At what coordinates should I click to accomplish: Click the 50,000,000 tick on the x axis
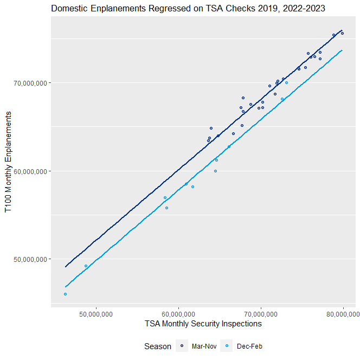[x=96, y=313]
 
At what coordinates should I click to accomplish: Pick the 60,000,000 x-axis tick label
[x=178, y=313]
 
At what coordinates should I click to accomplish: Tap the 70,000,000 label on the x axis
[x=261, y=313]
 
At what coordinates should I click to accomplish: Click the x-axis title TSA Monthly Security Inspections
[x=203, y=324]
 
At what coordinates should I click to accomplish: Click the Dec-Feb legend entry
[x=250, y=346]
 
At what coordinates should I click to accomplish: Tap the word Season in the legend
[x=158, y=346]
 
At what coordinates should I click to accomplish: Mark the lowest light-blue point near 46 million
[x=65, y=294]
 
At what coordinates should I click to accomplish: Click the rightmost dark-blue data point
[x=342, y=33]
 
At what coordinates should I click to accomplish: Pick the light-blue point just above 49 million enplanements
[x=86, y=266]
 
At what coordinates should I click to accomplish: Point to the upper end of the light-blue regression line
[x=342, y=50]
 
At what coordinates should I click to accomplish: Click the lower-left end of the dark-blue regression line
[x=66, y=266]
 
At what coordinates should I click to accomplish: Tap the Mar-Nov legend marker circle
[x=183, y=346]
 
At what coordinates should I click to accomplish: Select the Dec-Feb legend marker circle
[x=230, y=346]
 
